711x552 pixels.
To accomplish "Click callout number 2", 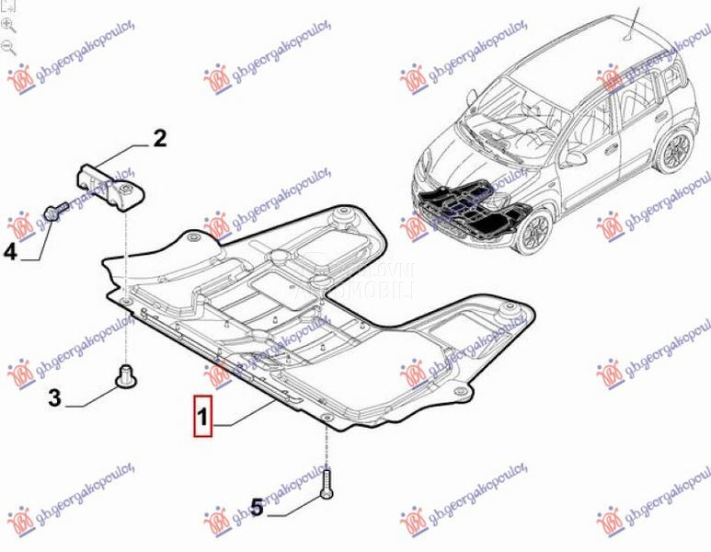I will coord(159,139).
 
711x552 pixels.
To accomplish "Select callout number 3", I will coord(54,397).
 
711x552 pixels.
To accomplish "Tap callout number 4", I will coord(10,250).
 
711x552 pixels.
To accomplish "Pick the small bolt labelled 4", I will coord(53,212).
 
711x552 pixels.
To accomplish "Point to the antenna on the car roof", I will coord(632,23).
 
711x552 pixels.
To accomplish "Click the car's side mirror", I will coord(576,157).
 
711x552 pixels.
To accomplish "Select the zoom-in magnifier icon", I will coord(9,25).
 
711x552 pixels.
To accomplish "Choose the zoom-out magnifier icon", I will coord(9,45).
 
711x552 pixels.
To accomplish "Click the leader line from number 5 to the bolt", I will coord(292,503).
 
